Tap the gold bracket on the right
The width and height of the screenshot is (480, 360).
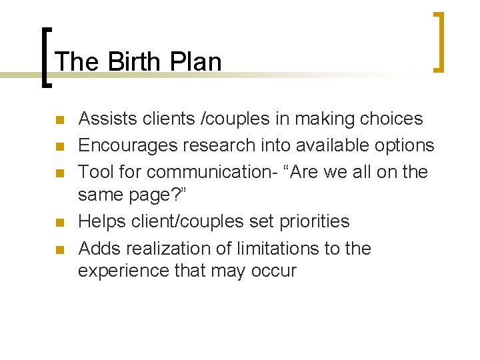coord(439,41)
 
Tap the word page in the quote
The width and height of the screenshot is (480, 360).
coord(153,195)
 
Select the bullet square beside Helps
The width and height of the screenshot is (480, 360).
coord(59,223)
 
